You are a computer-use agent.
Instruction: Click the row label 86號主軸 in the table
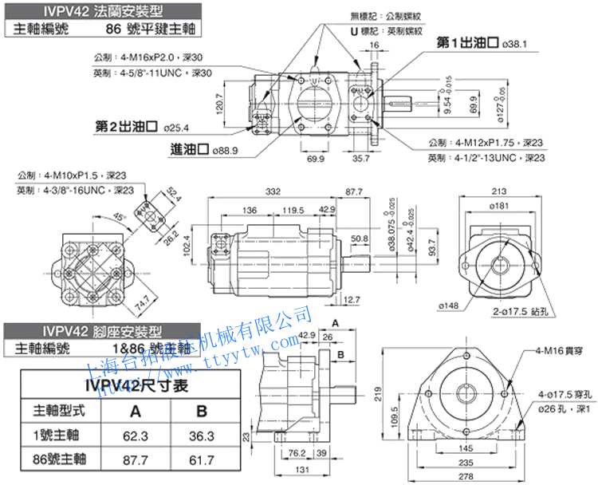coord(60,460)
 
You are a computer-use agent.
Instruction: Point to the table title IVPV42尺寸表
coord(136,386)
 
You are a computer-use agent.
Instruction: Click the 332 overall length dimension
coord(274,192)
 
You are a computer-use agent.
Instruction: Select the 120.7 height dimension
coord(221,103)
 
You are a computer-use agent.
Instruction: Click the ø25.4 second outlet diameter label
coord(176,126)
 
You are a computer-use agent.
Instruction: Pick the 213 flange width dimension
coord(501,191)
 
